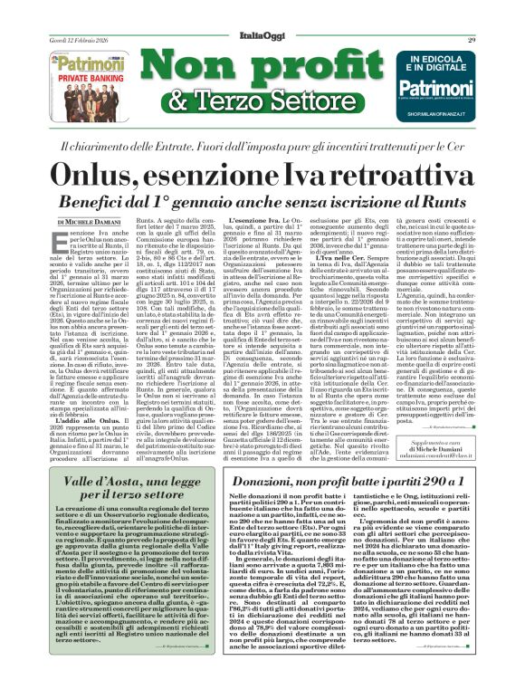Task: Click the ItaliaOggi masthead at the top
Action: (x=262, y=36)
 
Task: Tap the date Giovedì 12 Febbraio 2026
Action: (x=75, y=39)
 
